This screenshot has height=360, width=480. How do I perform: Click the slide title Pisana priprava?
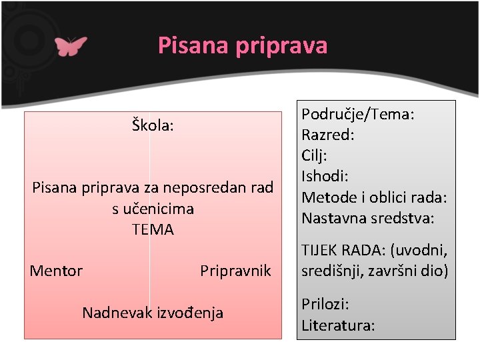pyautogui.click(x=243, y=45)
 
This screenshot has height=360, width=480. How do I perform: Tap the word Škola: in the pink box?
pyautogui.click(x=153, y=125)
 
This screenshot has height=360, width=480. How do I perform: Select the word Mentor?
pyautogui.click(x=56, y=271)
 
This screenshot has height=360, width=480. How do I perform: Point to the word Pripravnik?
pyautogui.click(x=235, y=271)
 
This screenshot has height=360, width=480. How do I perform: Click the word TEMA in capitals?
pyautogui.click(x=153, y=230)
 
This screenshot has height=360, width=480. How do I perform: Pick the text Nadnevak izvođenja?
pyautogui.click(x=153, y=312)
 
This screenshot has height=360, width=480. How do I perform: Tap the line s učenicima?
pyautogui.click(x=153, y=209)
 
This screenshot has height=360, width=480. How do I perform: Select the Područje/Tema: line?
pyautogui.click(x=359, y=115)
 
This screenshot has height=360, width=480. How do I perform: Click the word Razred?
pyautogui.click(x=328, y=135)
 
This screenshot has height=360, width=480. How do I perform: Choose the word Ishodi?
pyautogui.click(x=325, y=177)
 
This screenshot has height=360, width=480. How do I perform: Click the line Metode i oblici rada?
pyautogui.click(x=374, y=197)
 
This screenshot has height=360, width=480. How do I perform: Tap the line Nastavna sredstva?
pyautogui.click(x=368, y=218)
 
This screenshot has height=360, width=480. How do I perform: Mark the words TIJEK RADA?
pyautogui.click(x=343, y=251)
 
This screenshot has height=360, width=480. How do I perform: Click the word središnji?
pyautogui.click(x=333, y=271)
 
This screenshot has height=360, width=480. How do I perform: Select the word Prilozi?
pyautogui.click(x=325, y=304)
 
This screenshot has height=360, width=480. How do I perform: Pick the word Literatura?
pyautogui.click(x=338, y=325)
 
